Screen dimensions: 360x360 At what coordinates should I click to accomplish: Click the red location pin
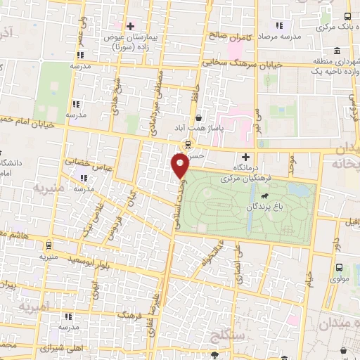click(x=180, y=165)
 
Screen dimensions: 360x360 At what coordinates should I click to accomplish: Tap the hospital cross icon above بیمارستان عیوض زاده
click(x=131, y=26)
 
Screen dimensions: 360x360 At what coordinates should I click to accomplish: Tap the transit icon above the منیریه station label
click(x=48, y=245)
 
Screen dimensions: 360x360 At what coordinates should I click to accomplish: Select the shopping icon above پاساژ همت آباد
click(x=200, y=117)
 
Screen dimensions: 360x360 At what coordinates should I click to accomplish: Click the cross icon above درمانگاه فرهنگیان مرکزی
click(x=245, y=157)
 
